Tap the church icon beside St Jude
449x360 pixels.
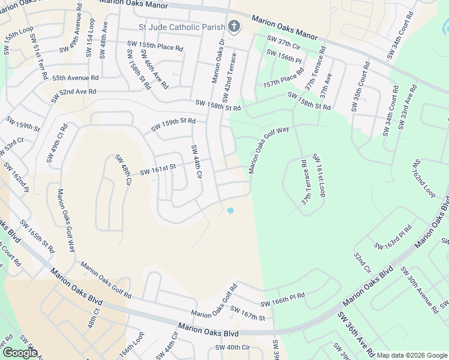[234, 26]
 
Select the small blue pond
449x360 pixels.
[230, 210]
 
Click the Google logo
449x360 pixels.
[20, 353]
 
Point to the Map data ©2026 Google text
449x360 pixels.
[412, 355]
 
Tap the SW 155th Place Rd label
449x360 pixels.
[154, 45]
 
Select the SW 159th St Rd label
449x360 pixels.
[173, 124]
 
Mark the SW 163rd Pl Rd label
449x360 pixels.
[393, 238]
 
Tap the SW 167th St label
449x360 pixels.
[247, 313]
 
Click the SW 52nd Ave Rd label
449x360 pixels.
[74, 92]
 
